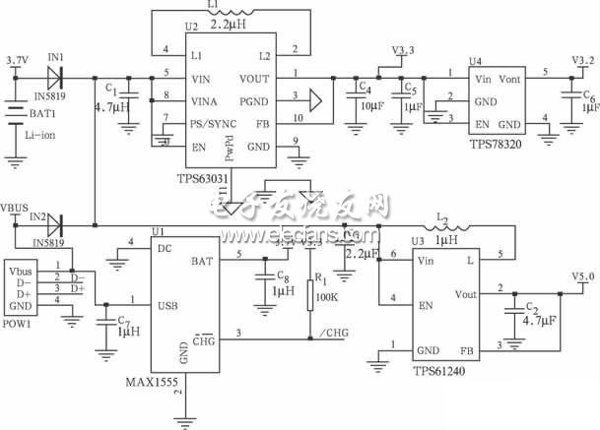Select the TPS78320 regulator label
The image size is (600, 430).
[x=497, y=143]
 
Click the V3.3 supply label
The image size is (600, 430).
[x=404, y=48]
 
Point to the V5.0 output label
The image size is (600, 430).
[x=582, y=277]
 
